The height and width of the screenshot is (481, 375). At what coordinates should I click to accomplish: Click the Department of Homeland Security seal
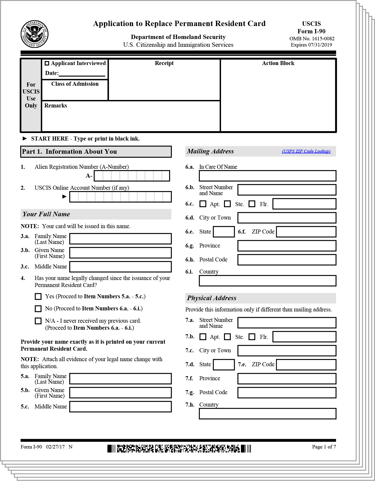tap(34, 34)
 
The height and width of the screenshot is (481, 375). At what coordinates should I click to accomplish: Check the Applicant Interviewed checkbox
tap(47, 63)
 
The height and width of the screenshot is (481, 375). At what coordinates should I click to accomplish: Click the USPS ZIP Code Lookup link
tap(306, 151)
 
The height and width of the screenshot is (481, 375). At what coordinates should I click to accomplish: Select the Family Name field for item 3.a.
tap(120, 239)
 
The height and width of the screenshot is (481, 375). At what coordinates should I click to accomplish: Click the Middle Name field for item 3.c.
tap(120, 267)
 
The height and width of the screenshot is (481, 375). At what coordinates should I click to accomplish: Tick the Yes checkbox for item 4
tap(38, 296)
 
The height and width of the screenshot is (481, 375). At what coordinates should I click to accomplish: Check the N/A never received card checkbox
tap(38, 321)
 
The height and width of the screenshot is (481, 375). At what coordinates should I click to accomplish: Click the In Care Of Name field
tap(267, 176)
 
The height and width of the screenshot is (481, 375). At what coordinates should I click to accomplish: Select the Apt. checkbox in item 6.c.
tap(203, 204)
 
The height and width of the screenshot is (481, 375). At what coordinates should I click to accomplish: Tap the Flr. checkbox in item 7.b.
tap(252, 337)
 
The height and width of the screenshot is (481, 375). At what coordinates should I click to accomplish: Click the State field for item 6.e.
tap(224, 232)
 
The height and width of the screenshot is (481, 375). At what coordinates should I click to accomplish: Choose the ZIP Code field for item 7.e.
tap(306, 365)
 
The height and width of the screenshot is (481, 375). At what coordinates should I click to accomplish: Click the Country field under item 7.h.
tap(267, 414)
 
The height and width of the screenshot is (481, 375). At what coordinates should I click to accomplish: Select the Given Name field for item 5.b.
tap(120, 393)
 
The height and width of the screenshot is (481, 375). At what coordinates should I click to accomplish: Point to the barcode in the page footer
tap(179, 448)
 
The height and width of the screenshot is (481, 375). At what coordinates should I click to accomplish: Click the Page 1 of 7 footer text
tap(324, 447)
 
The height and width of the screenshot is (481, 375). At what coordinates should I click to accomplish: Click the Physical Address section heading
tap(212, 298)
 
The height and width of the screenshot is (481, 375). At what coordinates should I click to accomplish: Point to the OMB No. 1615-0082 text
tap(312, 39)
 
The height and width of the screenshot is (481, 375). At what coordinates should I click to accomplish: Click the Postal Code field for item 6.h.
tap(287, 260)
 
